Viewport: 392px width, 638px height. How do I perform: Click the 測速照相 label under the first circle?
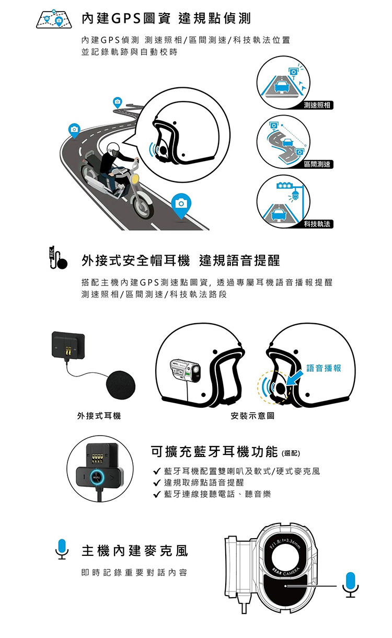click(317, 105)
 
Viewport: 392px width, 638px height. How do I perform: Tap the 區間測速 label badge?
click(317, 164)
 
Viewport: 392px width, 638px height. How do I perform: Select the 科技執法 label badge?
click(317, 224)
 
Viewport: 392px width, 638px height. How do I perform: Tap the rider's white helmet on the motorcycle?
click(113, 149)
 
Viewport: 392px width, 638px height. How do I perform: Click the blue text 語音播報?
click(324, 368)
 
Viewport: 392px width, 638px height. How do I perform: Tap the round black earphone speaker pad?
click(121, 385)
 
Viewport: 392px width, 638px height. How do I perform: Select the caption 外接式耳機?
click(99, 416)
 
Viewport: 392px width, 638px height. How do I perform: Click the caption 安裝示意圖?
click(252, 416)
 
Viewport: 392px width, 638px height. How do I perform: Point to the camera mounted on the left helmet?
click(185, 369)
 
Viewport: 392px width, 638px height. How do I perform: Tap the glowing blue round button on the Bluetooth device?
click(97, 477)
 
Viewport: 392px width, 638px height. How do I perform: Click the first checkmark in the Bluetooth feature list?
click(157, 471)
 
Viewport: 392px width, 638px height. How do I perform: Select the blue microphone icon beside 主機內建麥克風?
click(62, 549)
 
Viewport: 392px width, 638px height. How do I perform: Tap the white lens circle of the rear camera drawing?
click(285, 557)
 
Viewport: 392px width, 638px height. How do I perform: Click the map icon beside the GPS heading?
click(54, 19)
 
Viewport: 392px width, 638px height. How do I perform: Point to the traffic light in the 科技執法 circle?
click(284, 186)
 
